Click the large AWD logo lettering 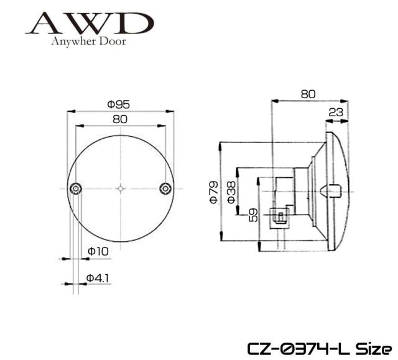90,24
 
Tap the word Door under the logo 113,41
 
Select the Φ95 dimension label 118,104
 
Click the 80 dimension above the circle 120,119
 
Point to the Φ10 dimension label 98,251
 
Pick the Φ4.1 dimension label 98,279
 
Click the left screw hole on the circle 76,188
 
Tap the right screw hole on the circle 165,188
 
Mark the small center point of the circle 121,188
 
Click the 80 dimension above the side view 308,95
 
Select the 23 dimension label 336,112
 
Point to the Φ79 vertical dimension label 214,192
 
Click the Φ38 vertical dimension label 231,192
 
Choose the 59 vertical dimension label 253,215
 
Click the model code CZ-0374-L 299,349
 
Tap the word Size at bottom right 373,349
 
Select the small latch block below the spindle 279,216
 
